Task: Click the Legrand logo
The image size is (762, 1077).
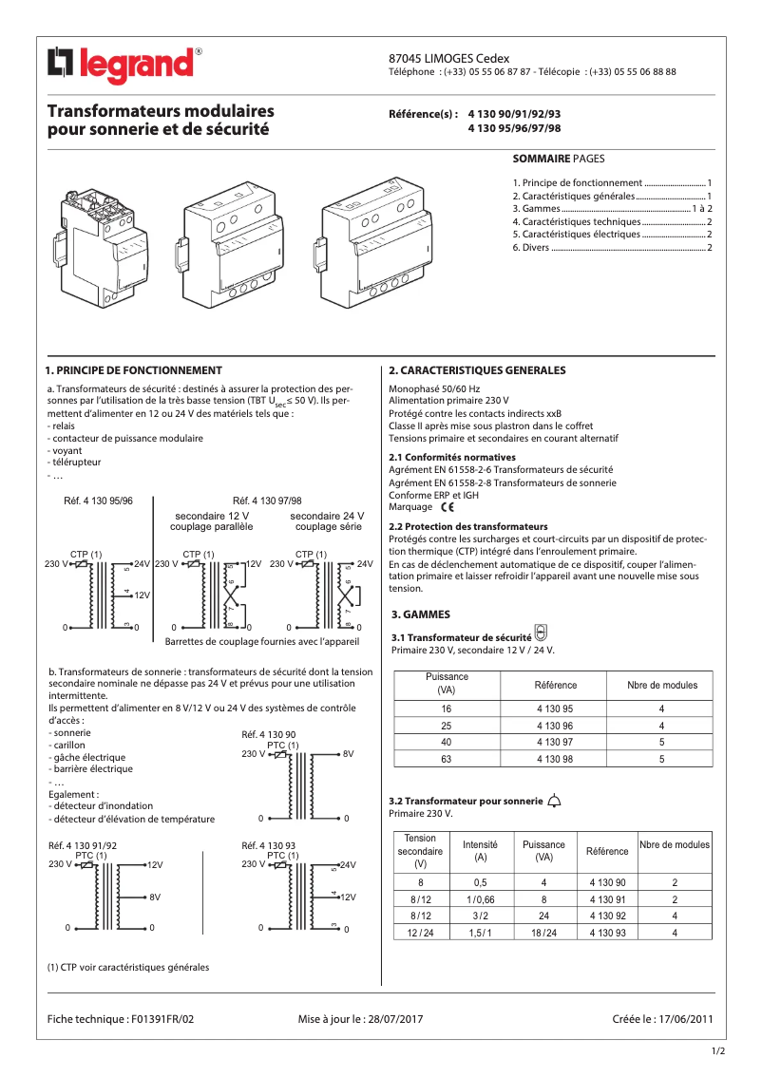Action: coord(124,65)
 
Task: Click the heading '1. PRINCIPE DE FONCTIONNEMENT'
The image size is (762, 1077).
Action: coord(134,370)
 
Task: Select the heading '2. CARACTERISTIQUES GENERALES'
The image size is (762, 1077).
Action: coord(477,370)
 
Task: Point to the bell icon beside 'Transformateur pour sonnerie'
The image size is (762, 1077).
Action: coord(555,801)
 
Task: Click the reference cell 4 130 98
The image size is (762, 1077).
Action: coord(554,759)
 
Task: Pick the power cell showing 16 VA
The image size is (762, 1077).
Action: coord(446,709)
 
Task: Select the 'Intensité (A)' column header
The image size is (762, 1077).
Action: coord(480,850)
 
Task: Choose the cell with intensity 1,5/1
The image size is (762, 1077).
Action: coord(480,933)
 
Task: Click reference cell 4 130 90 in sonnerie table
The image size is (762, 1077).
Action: coord(607,882)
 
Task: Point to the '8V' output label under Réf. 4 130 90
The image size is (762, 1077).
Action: coord(348,754)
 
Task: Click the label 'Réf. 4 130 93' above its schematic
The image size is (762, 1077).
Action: coord(269,845)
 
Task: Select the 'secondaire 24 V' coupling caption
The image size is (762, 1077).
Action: coord(327,516)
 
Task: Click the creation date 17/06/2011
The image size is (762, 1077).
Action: coord(685,1019)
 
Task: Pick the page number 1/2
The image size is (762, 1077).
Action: coord(719,1050)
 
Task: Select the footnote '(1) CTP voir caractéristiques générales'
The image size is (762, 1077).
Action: coord(128,968)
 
